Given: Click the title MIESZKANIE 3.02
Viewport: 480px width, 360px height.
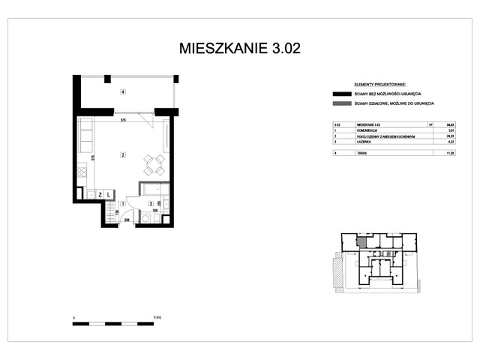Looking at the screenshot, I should [x=240, y=49].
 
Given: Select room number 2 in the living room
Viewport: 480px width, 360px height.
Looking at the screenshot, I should [x=121, y=155].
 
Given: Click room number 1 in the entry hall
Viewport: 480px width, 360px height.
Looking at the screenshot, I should [x=123, y=204].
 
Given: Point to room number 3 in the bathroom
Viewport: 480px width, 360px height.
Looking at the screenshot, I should [x=151, y=204].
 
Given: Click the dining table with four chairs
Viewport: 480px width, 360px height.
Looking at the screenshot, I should [x=155, y=164].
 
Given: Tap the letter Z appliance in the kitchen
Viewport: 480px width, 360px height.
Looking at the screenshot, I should [x=99, y=195].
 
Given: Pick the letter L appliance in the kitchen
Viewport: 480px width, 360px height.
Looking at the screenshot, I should [x=109, y=195].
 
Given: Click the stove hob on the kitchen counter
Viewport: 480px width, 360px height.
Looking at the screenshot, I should [x=82, y=179].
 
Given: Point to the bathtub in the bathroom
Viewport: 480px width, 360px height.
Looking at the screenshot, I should [x=154, y=190].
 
